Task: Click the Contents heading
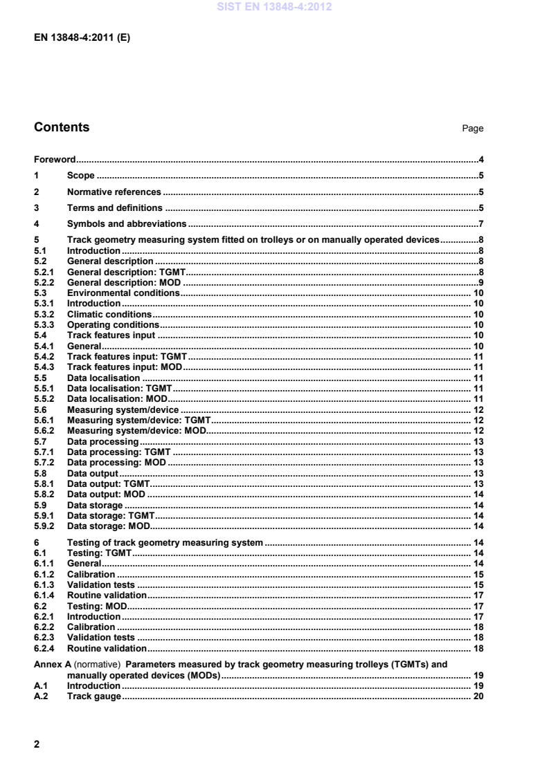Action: click(62, 128)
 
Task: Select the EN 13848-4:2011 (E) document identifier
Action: click(82, 38)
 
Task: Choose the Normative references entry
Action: click(114, 192)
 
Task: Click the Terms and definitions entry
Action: click(114, 207)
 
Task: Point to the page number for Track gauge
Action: click(478, 694)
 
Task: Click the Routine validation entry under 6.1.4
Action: click(106, 595)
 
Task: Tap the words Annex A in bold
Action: click(52, 663)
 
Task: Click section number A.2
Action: click(42, 694)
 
